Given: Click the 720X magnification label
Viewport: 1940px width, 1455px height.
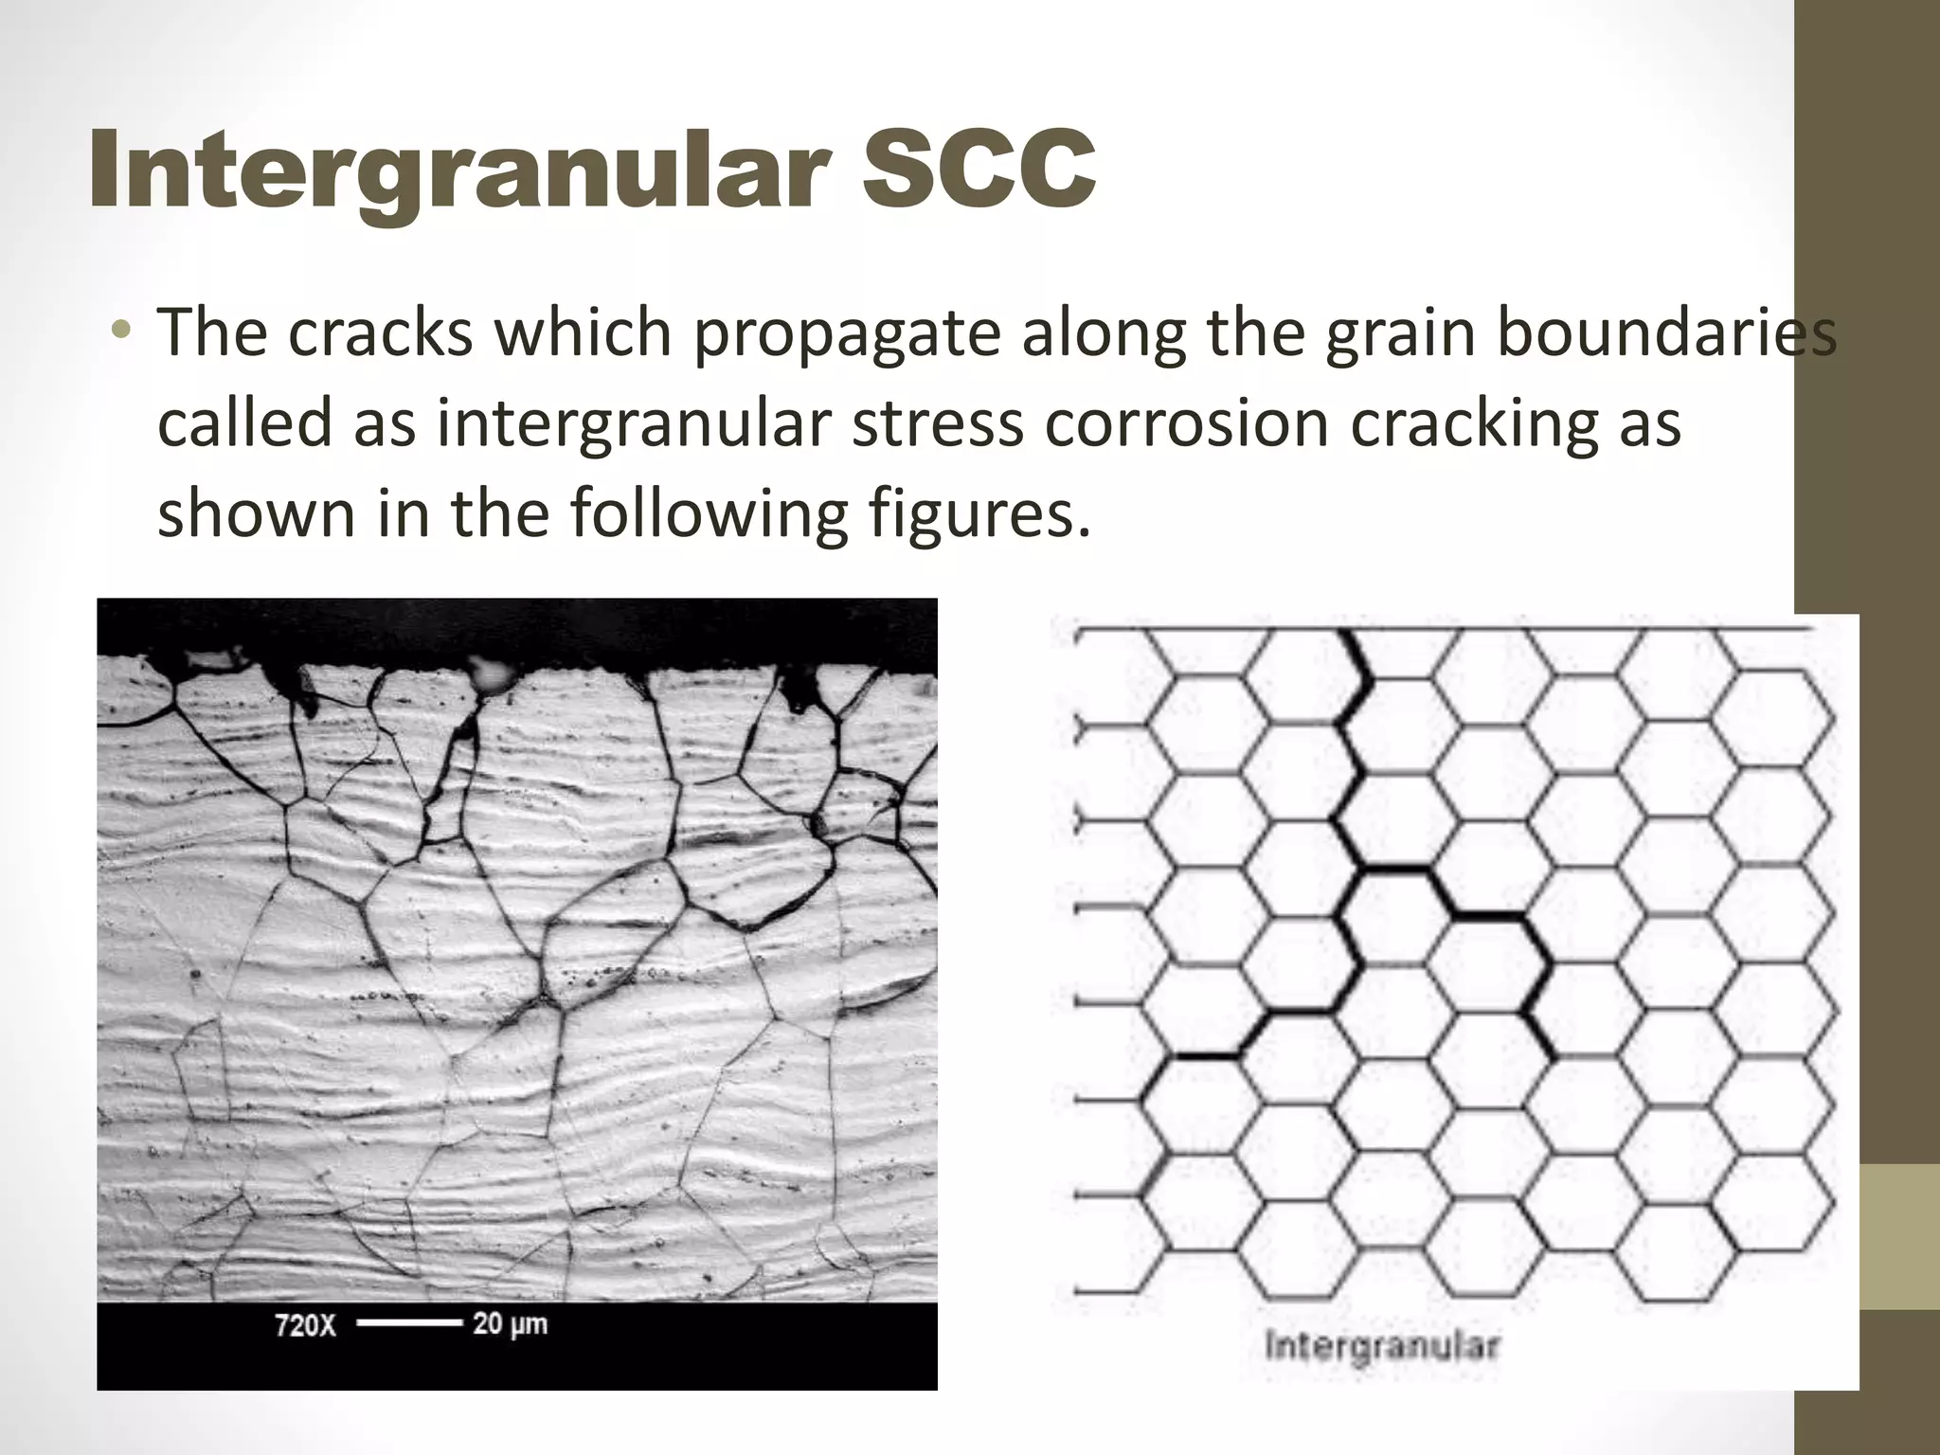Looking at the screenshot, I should click(x=305, y=1324).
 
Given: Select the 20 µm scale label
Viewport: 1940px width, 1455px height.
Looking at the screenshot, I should click(x=510, y=1323).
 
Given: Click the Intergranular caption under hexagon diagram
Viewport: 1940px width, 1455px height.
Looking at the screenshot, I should click(x=1382, y=1347).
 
